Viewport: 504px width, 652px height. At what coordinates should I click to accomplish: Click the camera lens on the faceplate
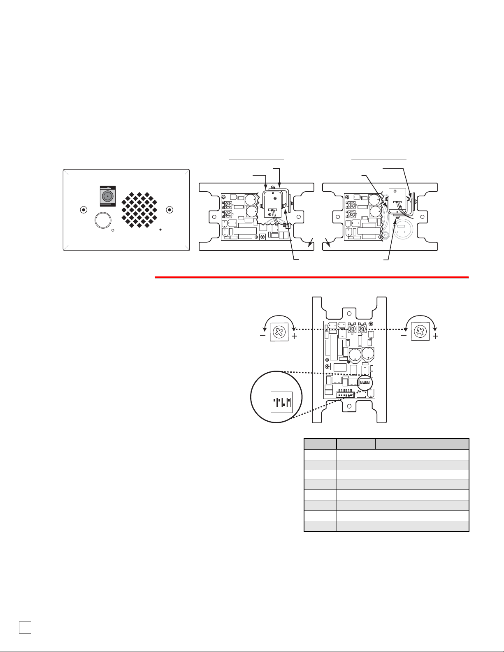pyautogui.click(x=108, y=196)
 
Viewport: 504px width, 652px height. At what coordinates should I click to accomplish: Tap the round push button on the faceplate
pyautogui.click(x=102, y=220)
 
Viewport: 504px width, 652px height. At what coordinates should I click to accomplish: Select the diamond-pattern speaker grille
pyautogui.click(x=139, y=210)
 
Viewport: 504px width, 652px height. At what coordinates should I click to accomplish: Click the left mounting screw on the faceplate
pyautogui.click(x=84, y=209)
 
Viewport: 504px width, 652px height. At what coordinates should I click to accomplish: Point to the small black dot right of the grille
pyautogui.click(x=161, y=230)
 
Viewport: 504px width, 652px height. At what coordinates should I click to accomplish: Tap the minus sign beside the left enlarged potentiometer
pyautogui.click(x=262, y=336)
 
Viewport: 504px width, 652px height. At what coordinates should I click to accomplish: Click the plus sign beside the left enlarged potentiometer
pyautogui.click(x=294, y=336)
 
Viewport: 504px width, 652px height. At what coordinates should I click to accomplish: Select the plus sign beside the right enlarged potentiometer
pyautogui.click(x=435, y=336)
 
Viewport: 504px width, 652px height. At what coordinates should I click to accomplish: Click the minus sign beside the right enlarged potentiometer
pyautogui.click(x=404, y=336)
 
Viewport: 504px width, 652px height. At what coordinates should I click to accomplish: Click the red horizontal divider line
pyautogui.click(x=311, y=277)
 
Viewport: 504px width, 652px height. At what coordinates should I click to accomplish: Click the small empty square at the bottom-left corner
pyautogui.click(x=25, y=626)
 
